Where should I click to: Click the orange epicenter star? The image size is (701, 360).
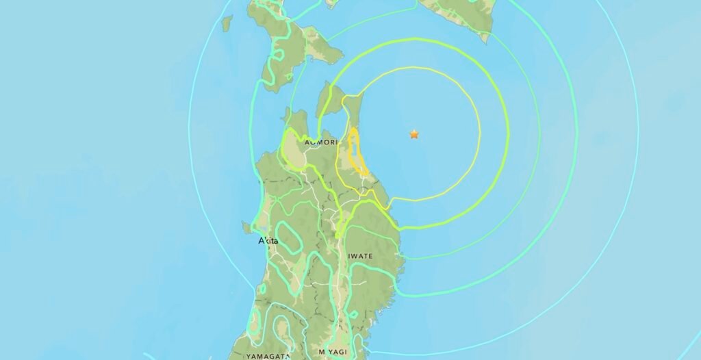[413, 135]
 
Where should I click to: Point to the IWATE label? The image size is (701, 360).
[361, 256]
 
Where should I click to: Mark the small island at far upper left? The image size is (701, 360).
[227, 22]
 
